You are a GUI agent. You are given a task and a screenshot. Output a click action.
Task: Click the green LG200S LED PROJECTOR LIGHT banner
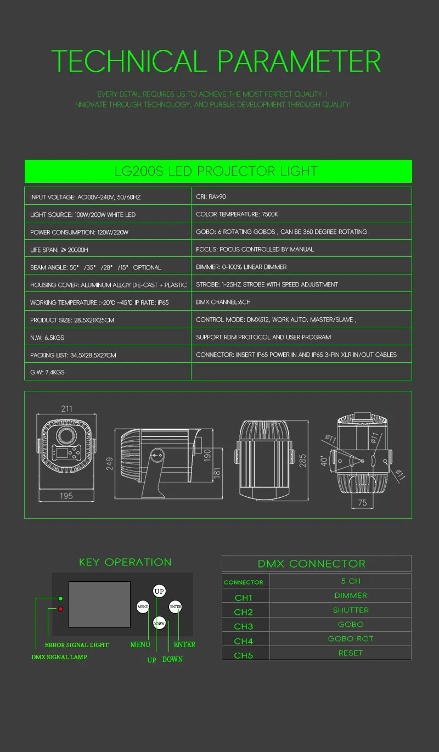[218, 171]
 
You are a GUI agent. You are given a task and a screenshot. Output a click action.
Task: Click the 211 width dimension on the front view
[66, 408]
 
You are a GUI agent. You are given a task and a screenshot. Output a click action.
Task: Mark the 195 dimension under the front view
[66, 496]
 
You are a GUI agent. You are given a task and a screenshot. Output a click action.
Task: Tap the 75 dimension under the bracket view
[362, 502]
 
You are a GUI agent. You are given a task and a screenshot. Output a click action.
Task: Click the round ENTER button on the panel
[176, 607]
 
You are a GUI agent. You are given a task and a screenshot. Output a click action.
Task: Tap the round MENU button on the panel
[143, 607]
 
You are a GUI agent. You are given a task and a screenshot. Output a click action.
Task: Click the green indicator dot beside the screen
[60, 598]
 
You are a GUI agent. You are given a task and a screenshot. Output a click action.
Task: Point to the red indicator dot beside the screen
[60, 609]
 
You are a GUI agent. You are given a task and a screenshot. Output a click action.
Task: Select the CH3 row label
[244, 626]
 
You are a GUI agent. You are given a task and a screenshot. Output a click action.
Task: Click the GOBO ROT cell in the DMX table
[351, 638]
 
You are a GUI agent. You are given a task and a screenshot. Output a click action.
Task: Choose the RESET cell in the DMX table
[351, 653]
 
